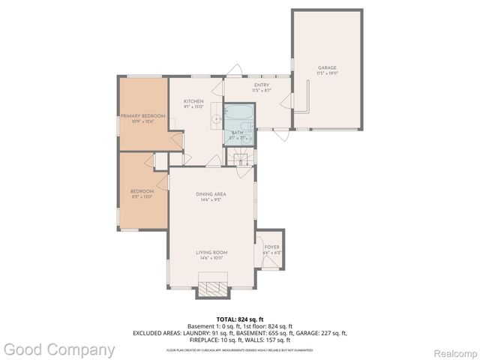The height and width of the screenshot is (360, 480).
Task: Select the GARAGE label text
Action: coord(327,68)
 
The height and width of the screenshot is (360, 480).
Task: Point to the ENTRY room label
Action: coord(261,85)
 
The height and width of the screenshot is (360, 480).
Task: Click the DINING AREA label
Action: coord(211,194)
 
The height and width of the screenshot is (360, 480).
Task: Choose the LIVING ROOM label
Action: coord(211,252)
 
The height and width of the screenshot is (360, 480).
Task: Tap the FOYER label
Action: coord(271,247)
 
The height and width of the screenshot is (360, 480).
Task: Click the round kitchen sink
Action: coord(216,118)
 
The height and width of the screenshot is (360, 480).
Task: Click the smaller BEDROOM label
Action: coord(142,191)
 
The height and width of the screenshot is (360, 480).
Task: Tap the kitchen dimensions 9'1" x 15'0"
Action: coord(194,106)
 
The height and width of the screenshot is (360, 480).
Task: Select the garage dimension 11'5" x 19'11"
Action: coord(327,73)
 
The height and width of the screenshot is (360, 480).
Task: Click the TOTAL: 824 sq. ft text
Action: coord(239,319)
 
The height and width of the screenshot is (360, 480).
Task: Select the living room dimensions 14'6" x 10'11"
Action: coord(211,258)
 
